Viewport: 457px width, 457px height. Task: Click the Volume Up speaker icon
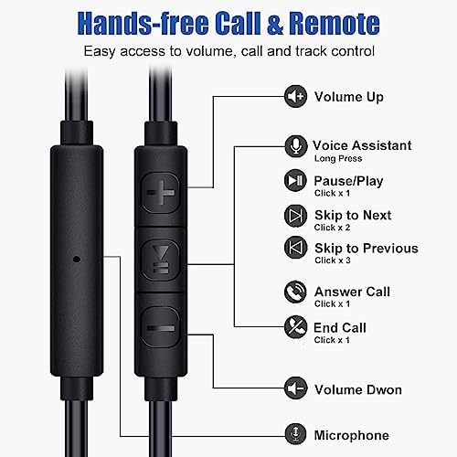[295, 96]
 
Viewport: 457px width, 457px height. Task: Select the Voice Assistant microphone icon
[295, 145]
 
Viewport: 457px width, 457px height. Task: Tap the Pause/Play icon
[295, 181]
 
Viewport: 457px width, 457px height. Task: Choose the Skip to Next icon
[295, 215]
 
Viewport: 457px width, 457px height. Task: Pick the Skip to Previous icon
[295, 248]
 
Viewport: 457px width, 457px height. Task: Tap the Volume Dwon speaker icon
[295, 389]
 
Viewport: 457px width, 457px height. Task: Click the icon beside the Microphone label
[295, 435]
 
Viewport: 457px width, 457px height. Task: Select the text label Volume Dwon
[358, 390]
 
